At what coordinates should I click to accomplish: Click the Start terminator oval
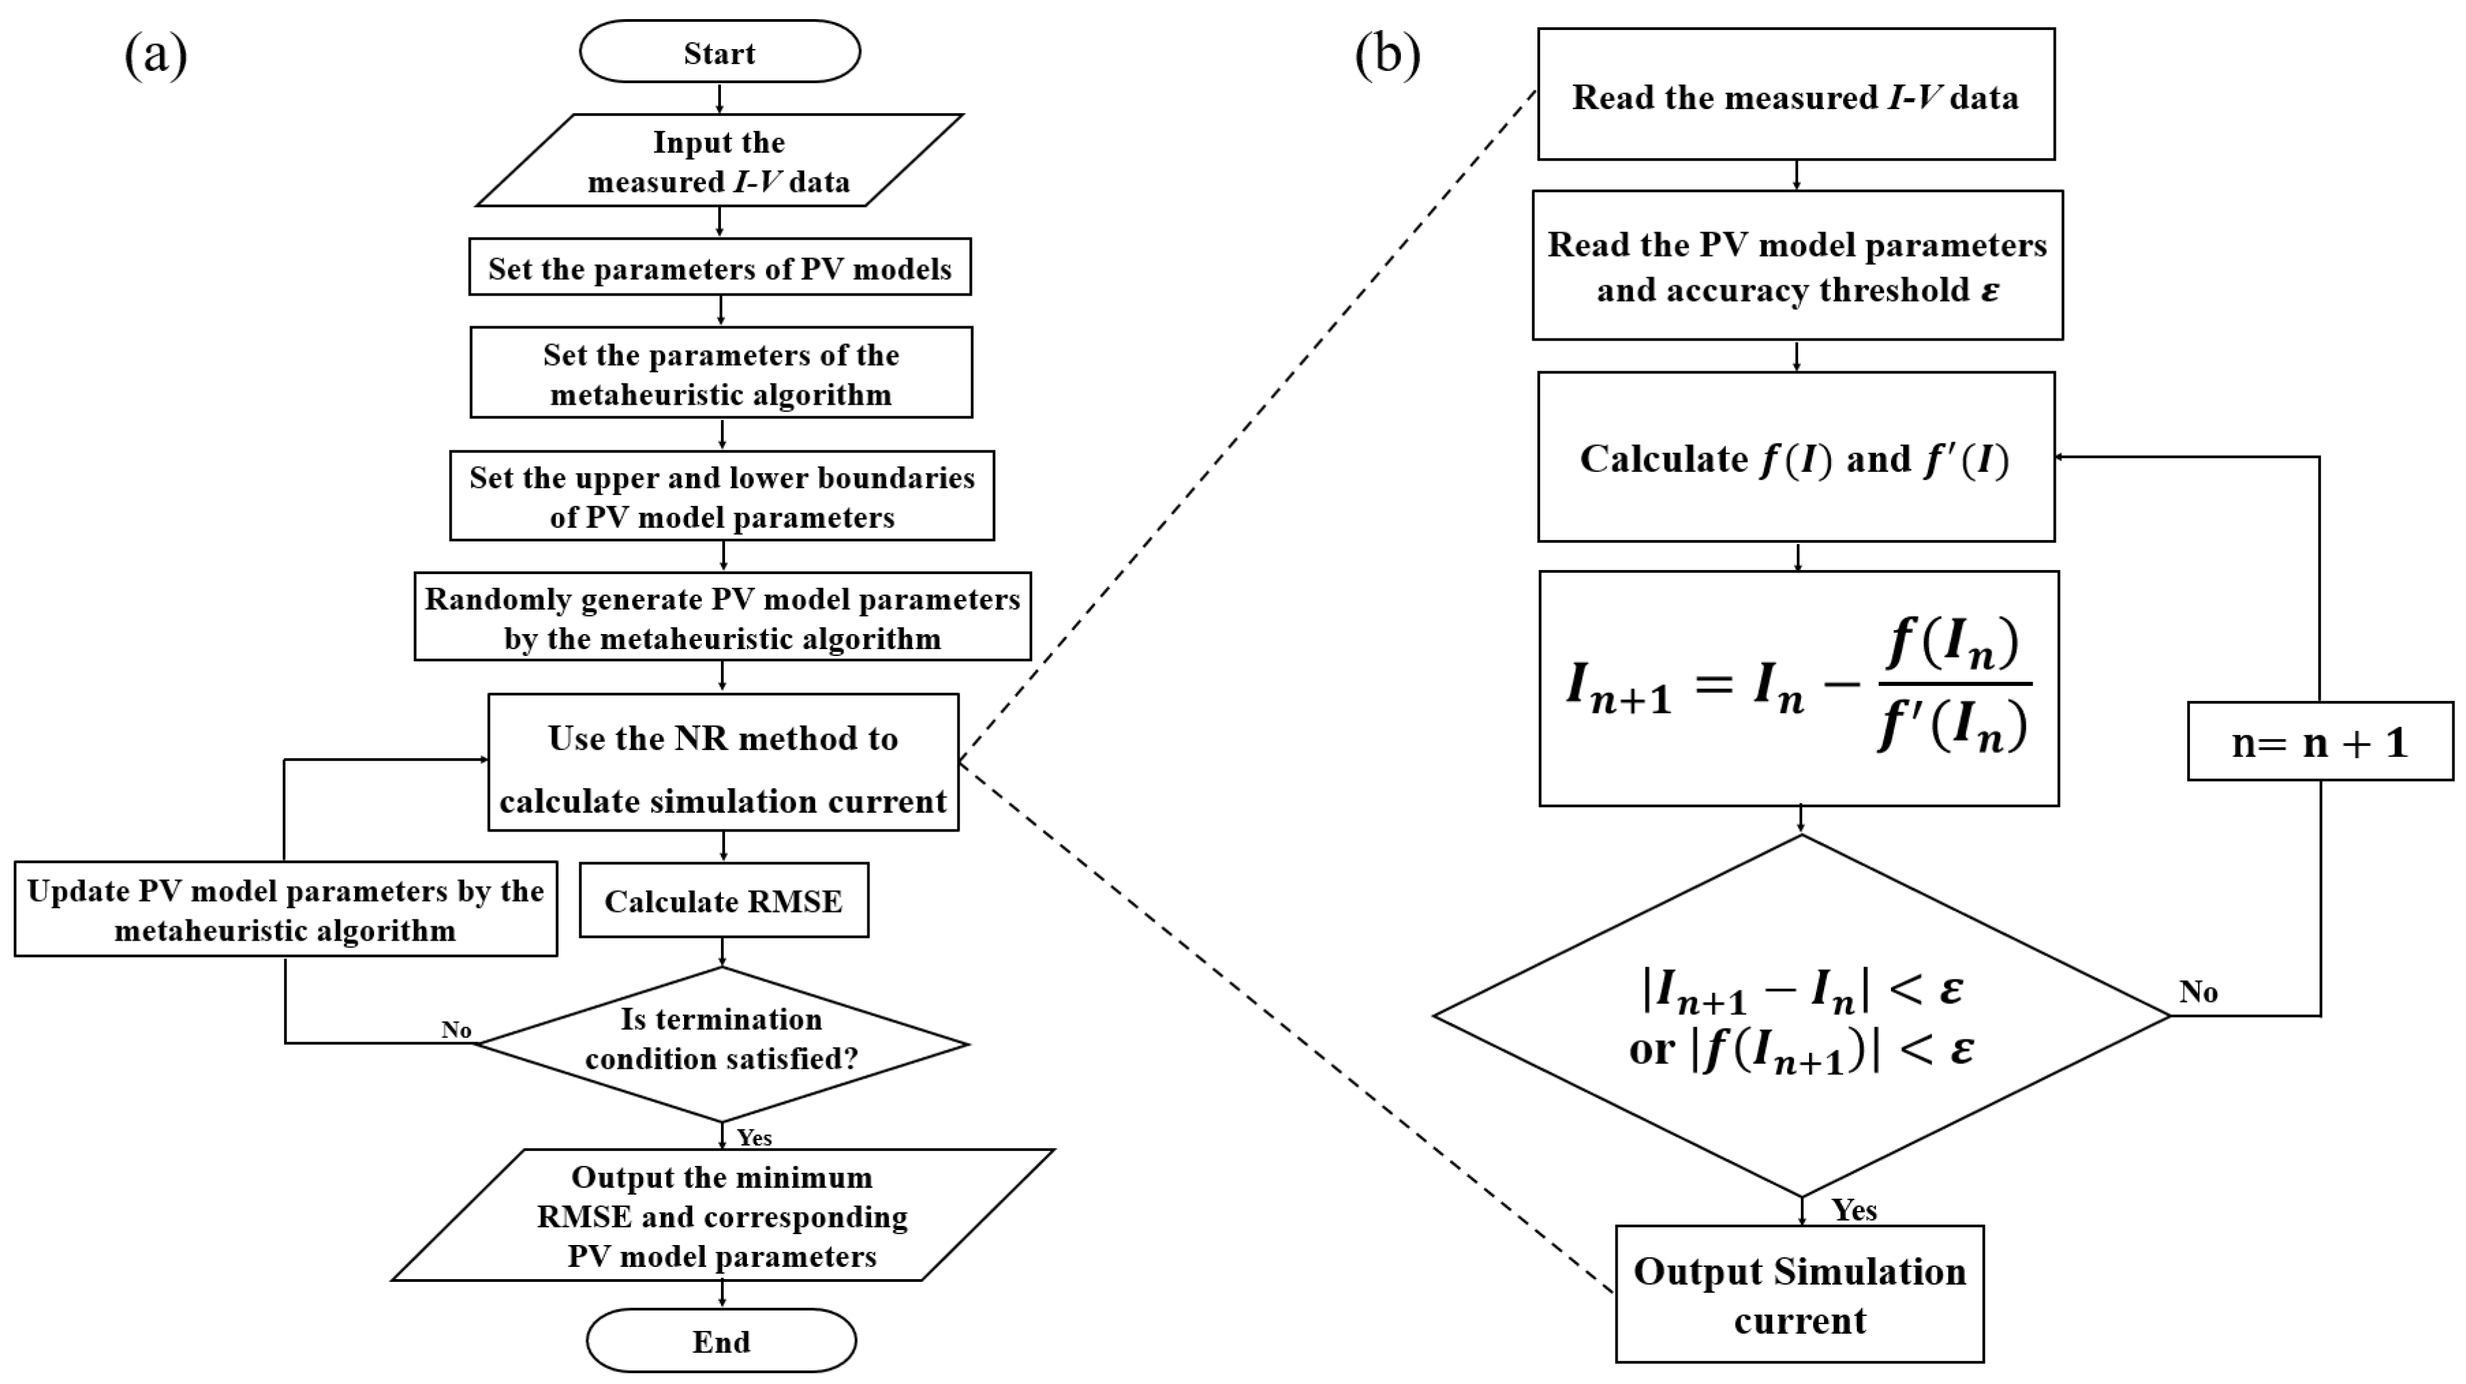pos(719,52)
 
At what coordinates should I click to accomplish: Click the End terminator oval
pos(721,1341)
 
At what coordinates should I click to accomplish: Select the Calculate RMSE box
pos(724,900)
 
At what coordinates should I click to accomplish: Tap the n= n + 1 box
pos(2319,742)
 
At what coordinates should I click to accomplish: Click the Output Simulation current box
pos(1799,1294)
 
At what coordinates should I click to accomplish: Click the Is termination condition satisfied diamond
pos(722,1043)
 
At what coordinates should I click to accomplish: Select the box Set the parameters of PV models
pos(720,268)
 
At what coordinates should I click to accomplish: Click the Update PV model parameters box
pos(286,909)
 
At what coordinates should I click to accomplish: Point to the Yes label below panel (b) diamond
pos(1854,1210)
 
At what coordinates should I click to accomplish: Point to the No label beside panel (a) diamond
pos(456,1030)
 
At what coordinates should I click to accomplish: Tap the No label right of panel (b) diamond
pos(2198,992)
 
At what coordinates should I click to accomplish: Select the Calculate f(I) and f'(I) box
pos(1796,458)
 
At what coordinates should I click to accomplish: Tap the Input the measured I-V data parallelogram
pos(719,161)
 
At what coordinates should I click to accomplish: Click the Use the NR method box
pos(723,763)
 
